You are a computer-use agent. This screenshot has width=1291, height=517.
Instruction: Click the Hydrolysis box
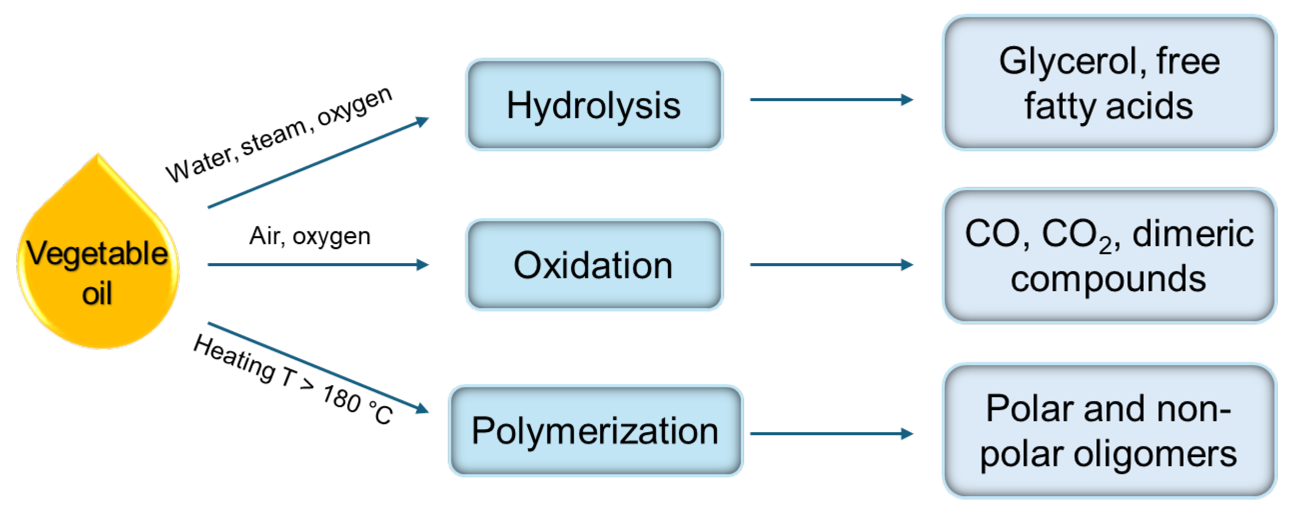coord(594,105)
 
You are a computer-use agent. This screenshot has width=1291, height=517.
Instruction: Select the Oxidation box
coord(594,265)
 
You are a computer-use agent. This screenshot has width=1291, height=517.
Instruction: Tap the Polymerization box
coord(595,431)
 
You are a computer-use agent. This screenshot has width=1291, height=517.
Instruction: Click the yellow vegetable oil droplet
coord(97,266)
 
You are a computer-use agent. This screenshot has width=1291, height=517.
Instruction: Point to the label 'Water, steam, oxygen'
coord(279,135)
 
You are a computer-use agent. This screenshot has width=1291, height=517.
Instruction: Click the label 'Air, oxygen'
coord(309,236)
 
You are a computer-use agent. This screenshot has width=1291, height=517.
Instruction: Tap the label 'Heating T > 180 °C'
coord(293,379)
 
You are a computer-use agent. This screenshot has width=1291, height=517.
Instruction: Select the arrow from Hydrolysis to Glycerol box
coord(830,100)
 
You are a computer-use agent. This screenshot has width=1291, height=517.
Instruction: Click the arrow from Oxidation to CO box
coord(830,265)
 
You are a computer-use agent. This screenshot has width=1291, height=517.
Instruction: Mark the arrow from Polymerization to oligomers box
coord(830,434)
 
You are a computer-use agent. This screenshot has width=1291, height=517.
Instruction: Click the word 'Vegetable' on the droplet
coord(97,253)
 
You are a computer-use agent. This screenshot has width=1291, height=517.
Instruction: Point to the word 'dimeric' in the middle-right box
coord(1193,234)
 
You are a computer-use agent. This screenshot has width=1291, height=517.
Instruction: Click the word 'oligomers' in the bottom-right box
coord(1155,454)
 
